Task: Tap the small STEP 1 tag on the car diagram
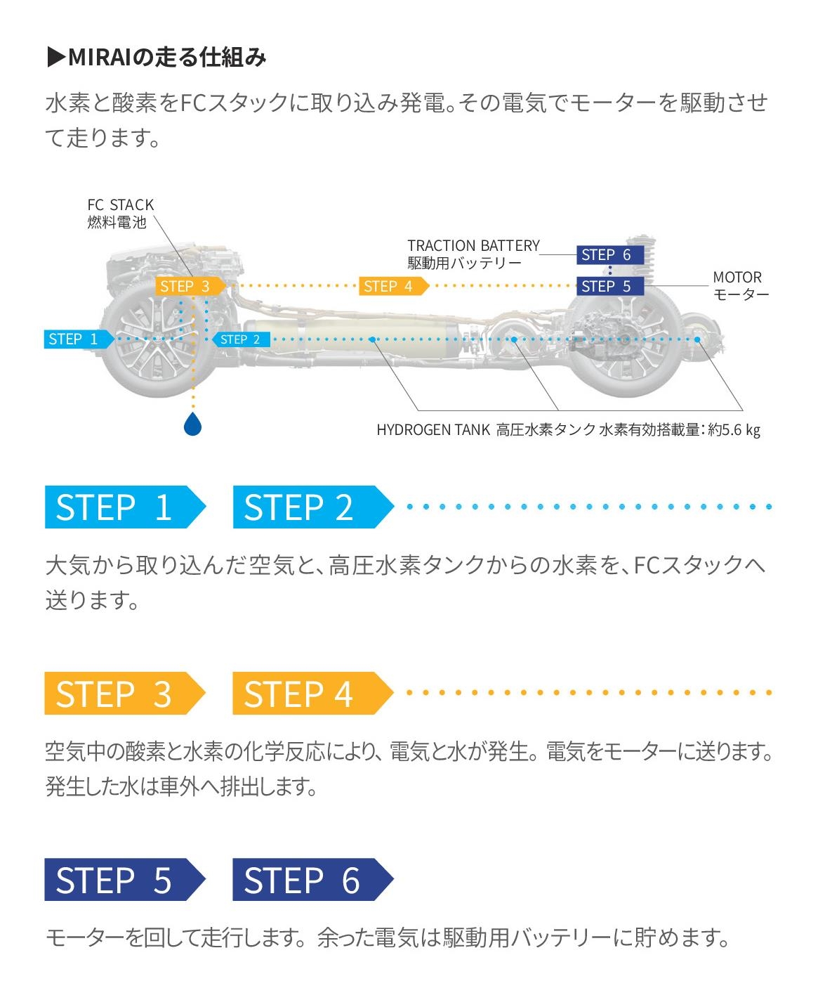(x=75, y=339)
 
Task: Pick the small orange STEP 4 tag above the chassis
(x=390, y=286)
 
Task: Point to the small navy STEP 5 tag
(x=607, y=286)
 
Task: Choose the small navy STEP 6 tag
(x=607, y=254)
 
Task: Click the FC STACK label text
(x=120, y=204)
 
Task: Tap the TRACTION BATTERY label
(x=473, y=245)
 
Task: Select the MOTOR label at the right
(x=737, y=277)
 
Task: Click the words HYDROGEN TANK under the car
(x=432, y=429)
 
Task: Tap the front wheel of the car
(x=151, y=339)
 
